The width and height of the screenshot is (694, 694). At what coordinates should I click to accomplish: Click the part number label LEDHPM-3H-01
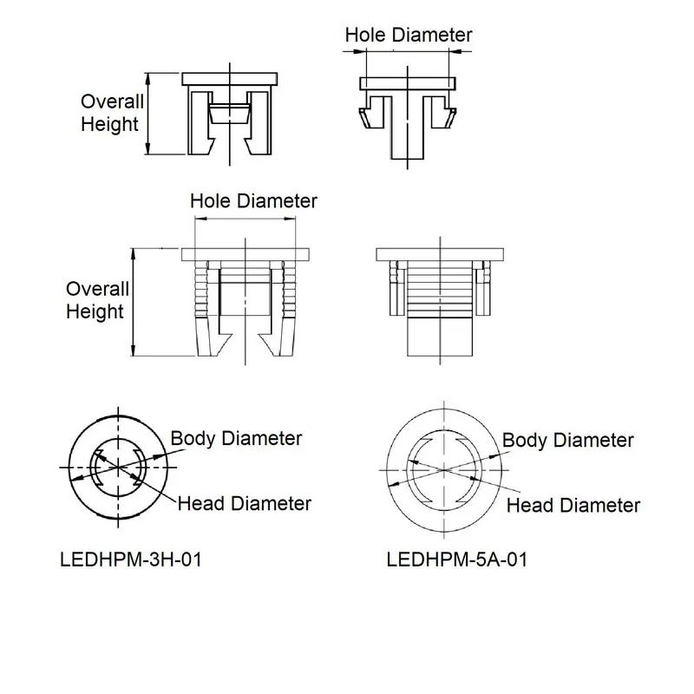tap(131, 560)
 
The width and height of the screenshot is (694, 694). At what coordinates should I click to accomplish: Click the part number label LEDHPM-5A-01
tap(457, 560)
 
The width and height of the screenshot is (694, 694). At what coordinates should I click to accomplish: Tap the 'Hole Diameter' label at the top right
tap(409, 35)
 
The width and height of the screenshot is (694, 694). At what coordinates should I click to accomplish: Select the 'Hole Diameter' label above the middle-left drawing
tap(253, 201)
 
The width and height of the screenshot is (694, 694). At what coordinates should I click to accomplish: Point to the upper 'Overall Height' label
tap(112, 113)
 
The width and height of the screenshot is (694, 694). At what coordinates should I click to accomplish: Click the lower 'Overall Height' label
tap(97, 300)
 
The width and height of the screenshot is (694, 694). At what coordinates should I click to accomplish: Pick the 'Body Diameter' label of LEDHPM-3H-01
tap(236, 439)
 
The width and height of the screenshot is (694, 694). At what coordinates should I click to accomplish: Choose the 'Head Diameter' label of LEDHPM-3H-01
tap(245, 504)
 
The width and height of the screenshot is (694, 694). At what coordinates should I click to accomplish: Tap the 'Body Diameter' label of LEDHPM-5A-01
tap(568, 441)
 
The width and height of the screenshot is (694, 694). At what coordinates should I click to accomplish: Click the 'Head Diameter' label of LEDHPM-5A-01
tap(573, 506)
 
